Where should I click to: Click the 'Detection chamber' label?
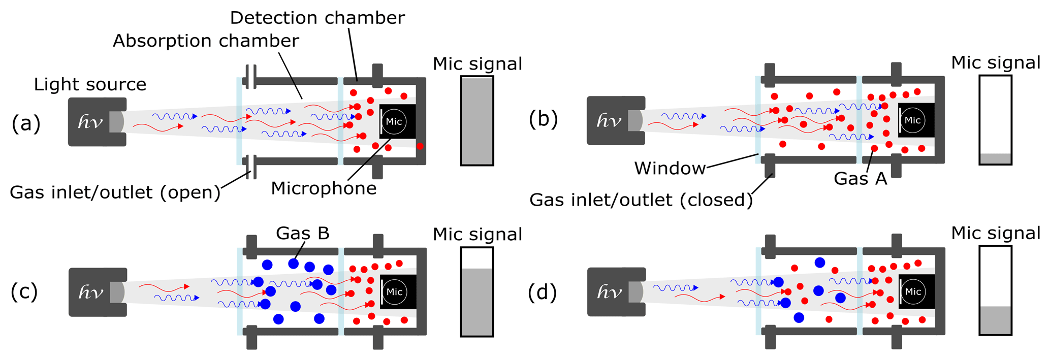317,18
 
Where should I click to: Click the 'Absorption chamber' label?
206,41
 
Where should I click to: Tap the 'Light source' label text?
90,84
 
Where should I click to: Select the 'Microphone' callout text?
324,188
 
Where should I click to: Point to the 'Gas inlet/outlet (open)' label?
115,192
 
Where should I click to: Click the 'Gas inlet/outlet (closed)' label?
641,200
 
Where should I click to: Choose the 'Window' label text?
670,168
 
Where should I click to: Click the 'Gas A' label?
860,179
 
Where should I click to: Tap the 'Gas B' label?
302,233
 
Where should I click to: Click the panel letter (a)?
26,123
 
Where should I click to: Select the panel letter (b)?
543,119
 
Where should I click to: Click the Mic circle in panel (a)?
394,122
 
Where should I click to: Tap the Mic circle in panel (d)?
913,291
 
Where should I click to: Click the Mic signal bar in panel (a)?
477,121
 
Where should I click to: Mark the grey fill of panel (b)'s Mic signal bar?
995,158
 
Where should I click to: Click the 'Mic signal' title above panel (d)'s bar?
995,233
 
